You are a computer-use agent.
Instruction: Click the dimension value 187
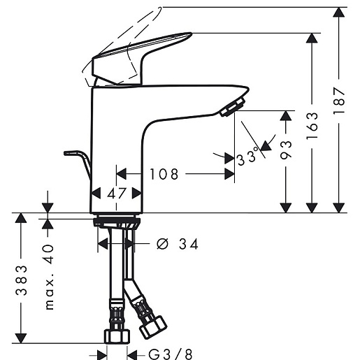coord(339,100)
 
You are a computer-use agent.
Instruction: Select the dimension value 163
coord(312,126)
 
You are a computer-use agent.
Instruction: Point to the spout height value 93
coord(286,150)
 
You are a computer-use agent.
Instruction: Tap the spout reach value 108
coord(164,174)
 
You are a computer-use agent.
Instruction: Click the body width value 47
coord(117,194)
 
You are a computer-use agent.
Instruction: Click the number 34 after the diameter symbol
coord(189,244)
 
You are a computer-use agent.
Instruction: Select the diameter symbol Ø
coord(162,244)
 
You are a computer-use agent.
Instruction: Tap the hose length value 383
coord(21,280)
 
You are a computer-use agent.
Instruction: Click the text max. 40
coord(49,277)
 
